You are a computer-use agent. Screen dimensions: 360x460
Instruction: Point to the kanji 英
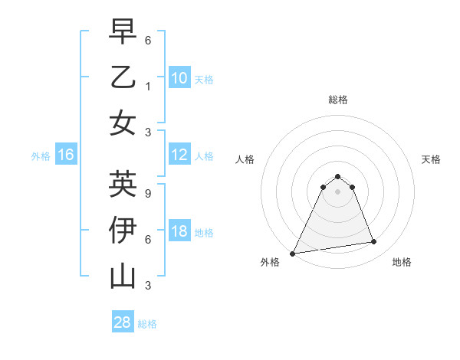pyautogui.click(x=123, y=184)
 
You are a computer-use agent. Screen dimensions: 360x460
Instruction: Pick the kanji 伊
pyautogui.click(x=123, y=230)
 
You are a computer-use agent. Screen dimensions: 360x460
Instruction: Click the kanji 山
pyautogui.click(x=123, y=276)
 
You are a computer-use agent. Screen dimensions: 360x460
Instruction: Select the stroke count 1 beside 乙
pyautogui.click(x=148, y=87)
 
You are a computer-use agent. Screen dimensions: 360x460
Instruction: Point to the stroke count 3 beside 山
pyautogui.click(x=148, y=286)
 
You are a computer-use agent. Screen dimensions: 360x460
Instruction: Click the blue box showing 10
pyautogui.click(x=179, y=77)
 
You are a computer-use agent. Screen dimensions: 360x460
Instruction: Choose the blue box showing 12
pyautogui.click(x=179, y=155)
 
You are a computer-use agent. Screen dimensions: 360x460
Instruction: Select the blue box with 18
pyautogui.click(x=179, y=232)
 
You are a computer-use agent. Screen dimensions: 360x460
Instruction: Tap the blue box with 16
pyautogui.click(x=65, y=155)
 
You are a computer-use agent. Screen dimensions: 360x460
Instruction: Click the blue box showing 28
pyautogui.click(x=122, y=322)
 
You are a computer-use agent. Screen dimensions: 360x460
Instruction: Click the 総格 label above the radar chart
pyautogui.click(x=337, y=100)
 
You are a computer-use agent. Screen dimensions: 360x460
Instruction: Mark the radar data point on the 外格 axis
pyautogui.click(x=293, y=254)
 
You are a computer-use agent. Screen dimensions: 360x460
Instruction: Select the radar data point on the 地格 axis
pyautogui.click(x=374, y=242)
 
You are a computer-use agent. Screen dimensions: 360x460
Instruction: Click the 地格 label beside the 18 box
pyautogui.click(x=204, y=233)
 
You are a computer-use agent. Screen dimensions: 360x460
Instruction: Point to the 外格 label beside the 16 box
pyautogui.click(x=41, y=156)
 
